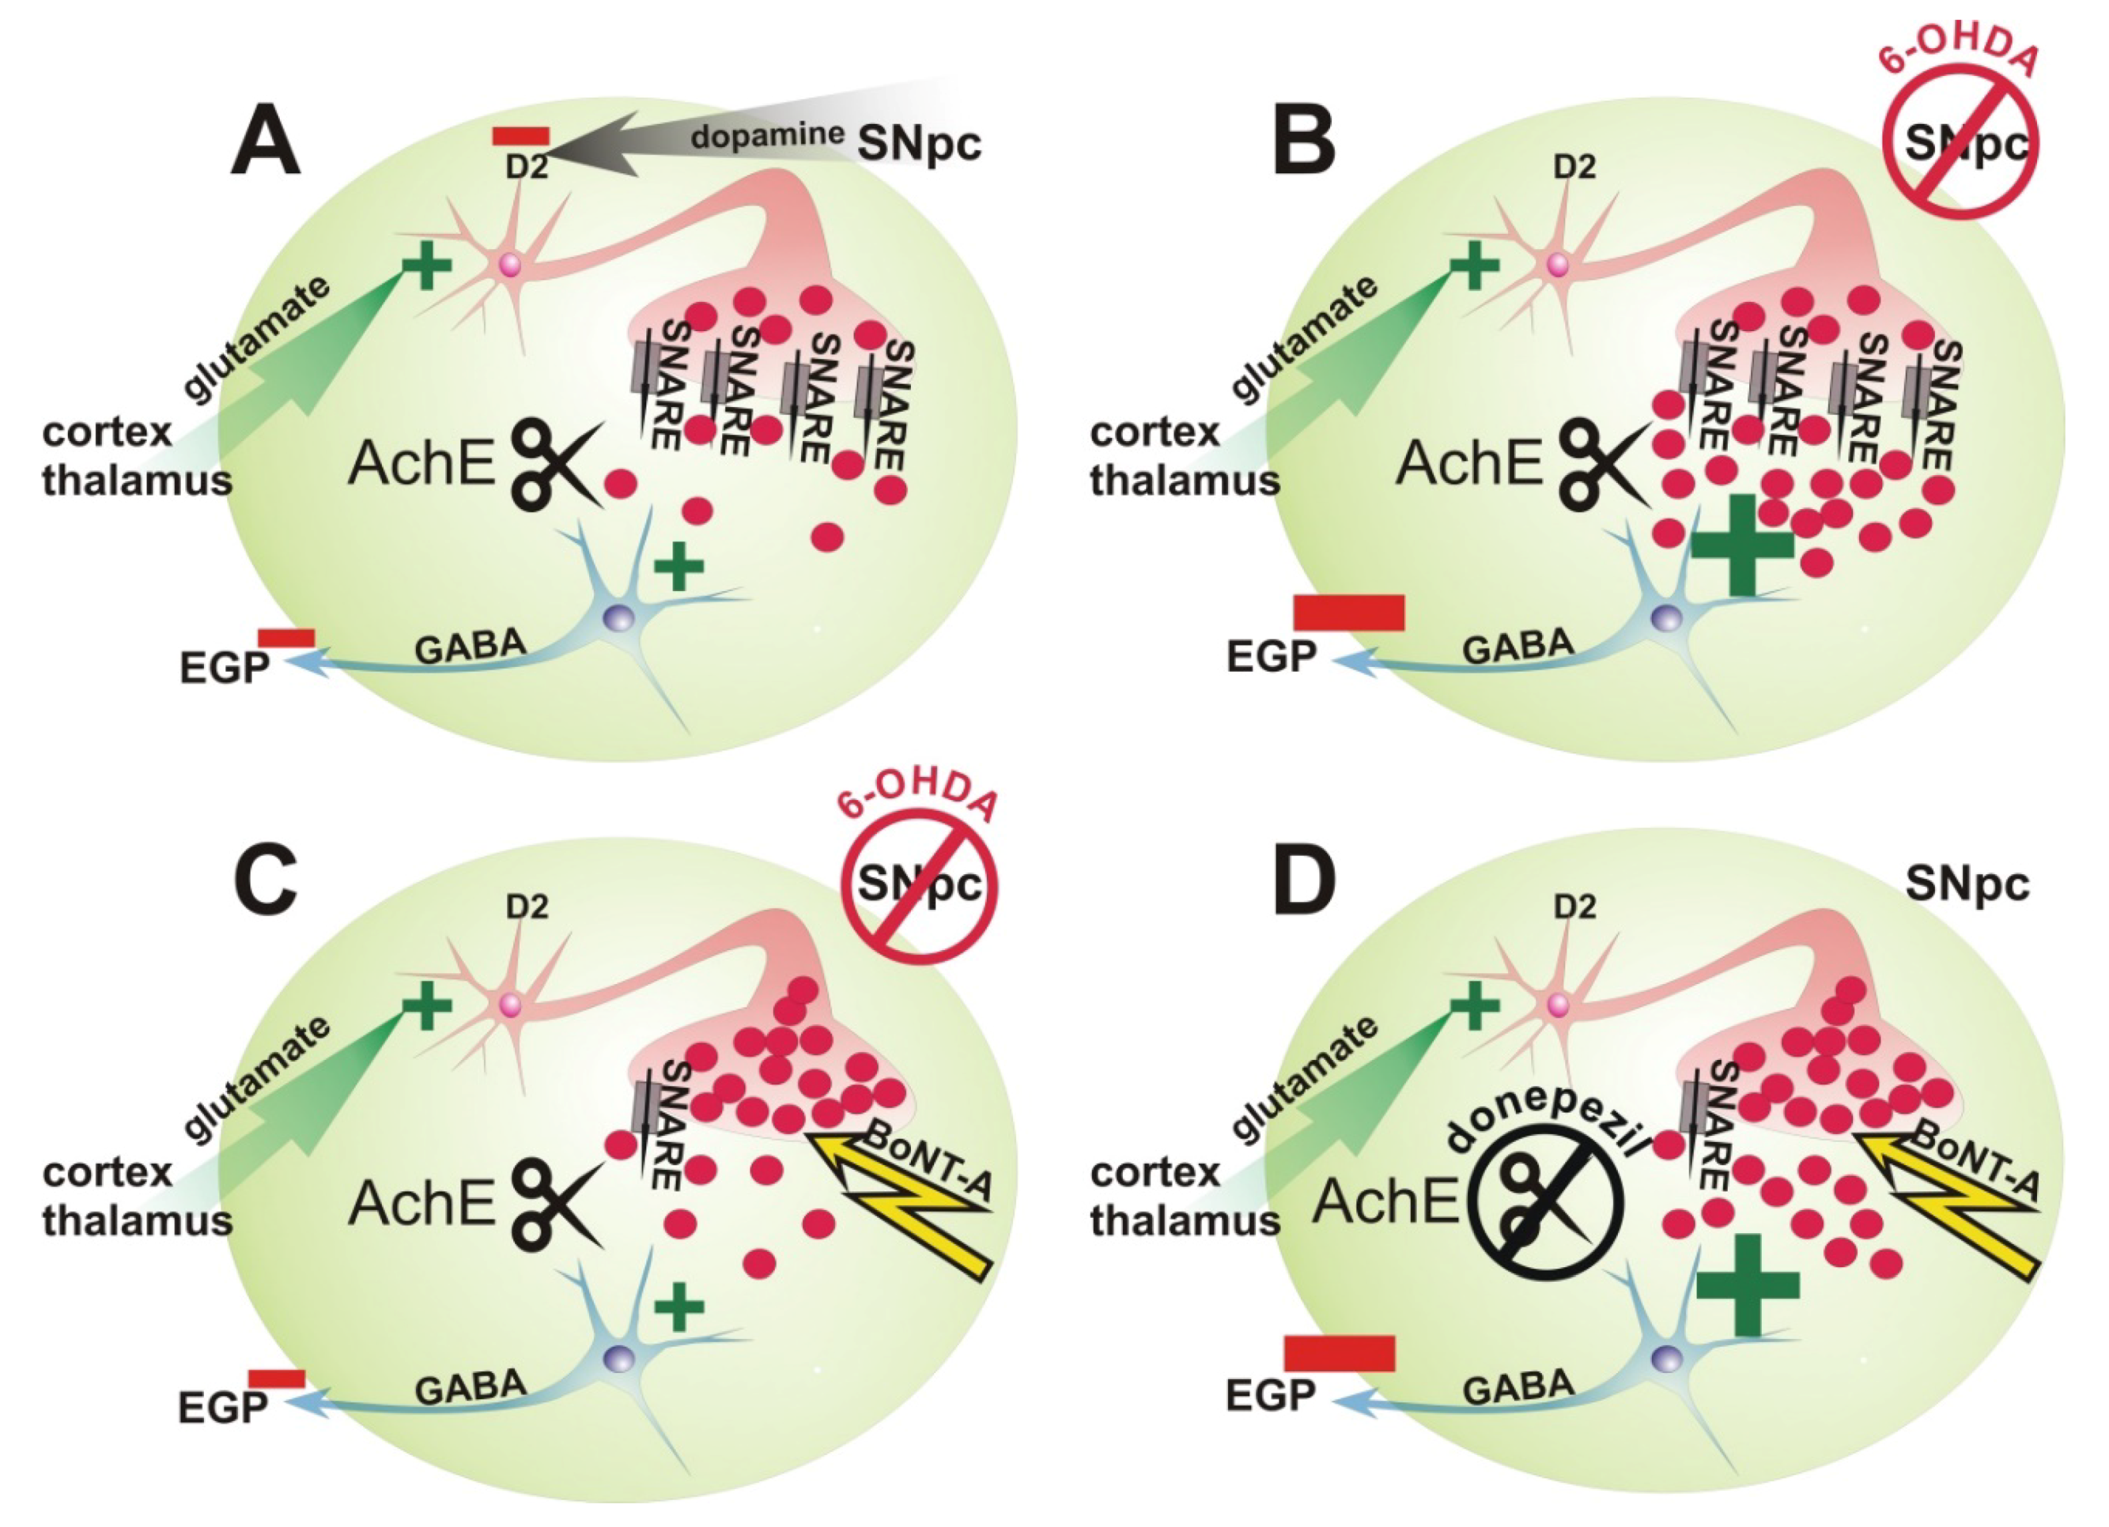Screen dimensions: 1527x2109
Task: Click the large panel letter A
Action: (x=267, y=143)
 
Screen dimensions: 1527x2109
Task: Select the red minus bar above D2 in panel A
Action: (x=520, y=136)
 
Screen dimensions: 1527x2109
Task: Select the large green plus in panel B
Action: (x=1742, y=544)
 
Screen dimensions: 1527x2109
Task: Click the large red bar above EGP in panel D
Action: (x=1339, y=1353)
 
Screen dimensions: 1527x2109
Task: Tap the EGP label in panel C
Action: (x=223, y=1407)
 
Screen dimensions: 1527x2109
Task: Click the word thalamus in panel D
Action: (x=1185, y=1220)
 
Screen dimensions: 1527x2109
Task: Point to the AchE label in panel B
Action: (x=1469, y=463)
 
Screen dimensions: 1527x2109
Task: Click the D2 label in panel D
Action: (x=1575, y=906)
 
